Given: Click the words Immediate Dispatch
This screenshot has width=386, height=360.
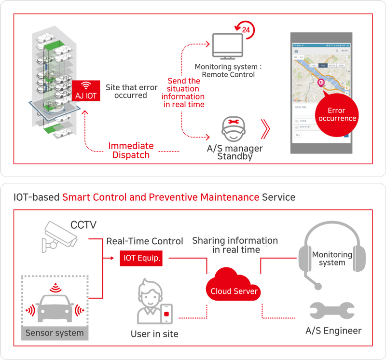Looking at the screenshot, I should tap(131, 150).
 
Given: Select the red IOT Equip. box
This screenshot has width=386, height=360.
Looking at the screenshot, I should tap(140, 258).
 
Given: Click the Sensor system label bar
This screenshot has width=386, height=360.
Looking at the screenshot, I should tap(55, 333).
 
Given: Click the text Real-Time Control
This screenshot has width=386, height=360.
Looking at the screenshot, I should tap(145, 241).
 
